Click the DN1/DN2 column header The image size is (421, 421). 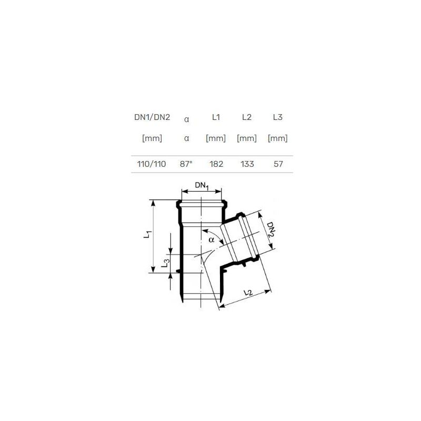pos(152,117)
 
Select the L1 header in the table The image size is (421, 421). pos(216,117)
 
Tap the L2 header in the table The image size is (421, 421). pos(246,117)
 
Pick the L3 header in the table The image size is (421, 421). pos(277,117)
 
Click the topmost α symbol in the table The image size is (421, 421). pos(186,119)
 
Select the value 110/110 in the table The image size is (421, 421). pos(152,164)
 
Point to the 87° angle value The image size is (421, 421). pos(186,164)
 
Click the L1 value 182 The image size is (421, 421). pos(216,164)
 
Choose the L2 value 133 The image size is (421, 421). pos(246,164)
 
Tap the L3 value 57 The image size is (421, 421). pos(278,164)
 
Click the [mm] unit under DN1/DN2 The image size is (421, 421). pos(152,139)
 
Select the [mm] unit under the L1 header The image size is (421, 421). pos(216,139)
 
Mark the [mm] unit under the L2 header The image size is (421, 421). pos(246,139)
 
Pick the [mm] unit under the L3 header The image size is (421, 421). pos(277,139)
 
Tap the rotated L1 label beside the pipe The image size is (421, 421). pos(148,236)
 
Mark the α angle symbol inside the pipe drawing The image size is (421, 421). pos(211,240)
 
